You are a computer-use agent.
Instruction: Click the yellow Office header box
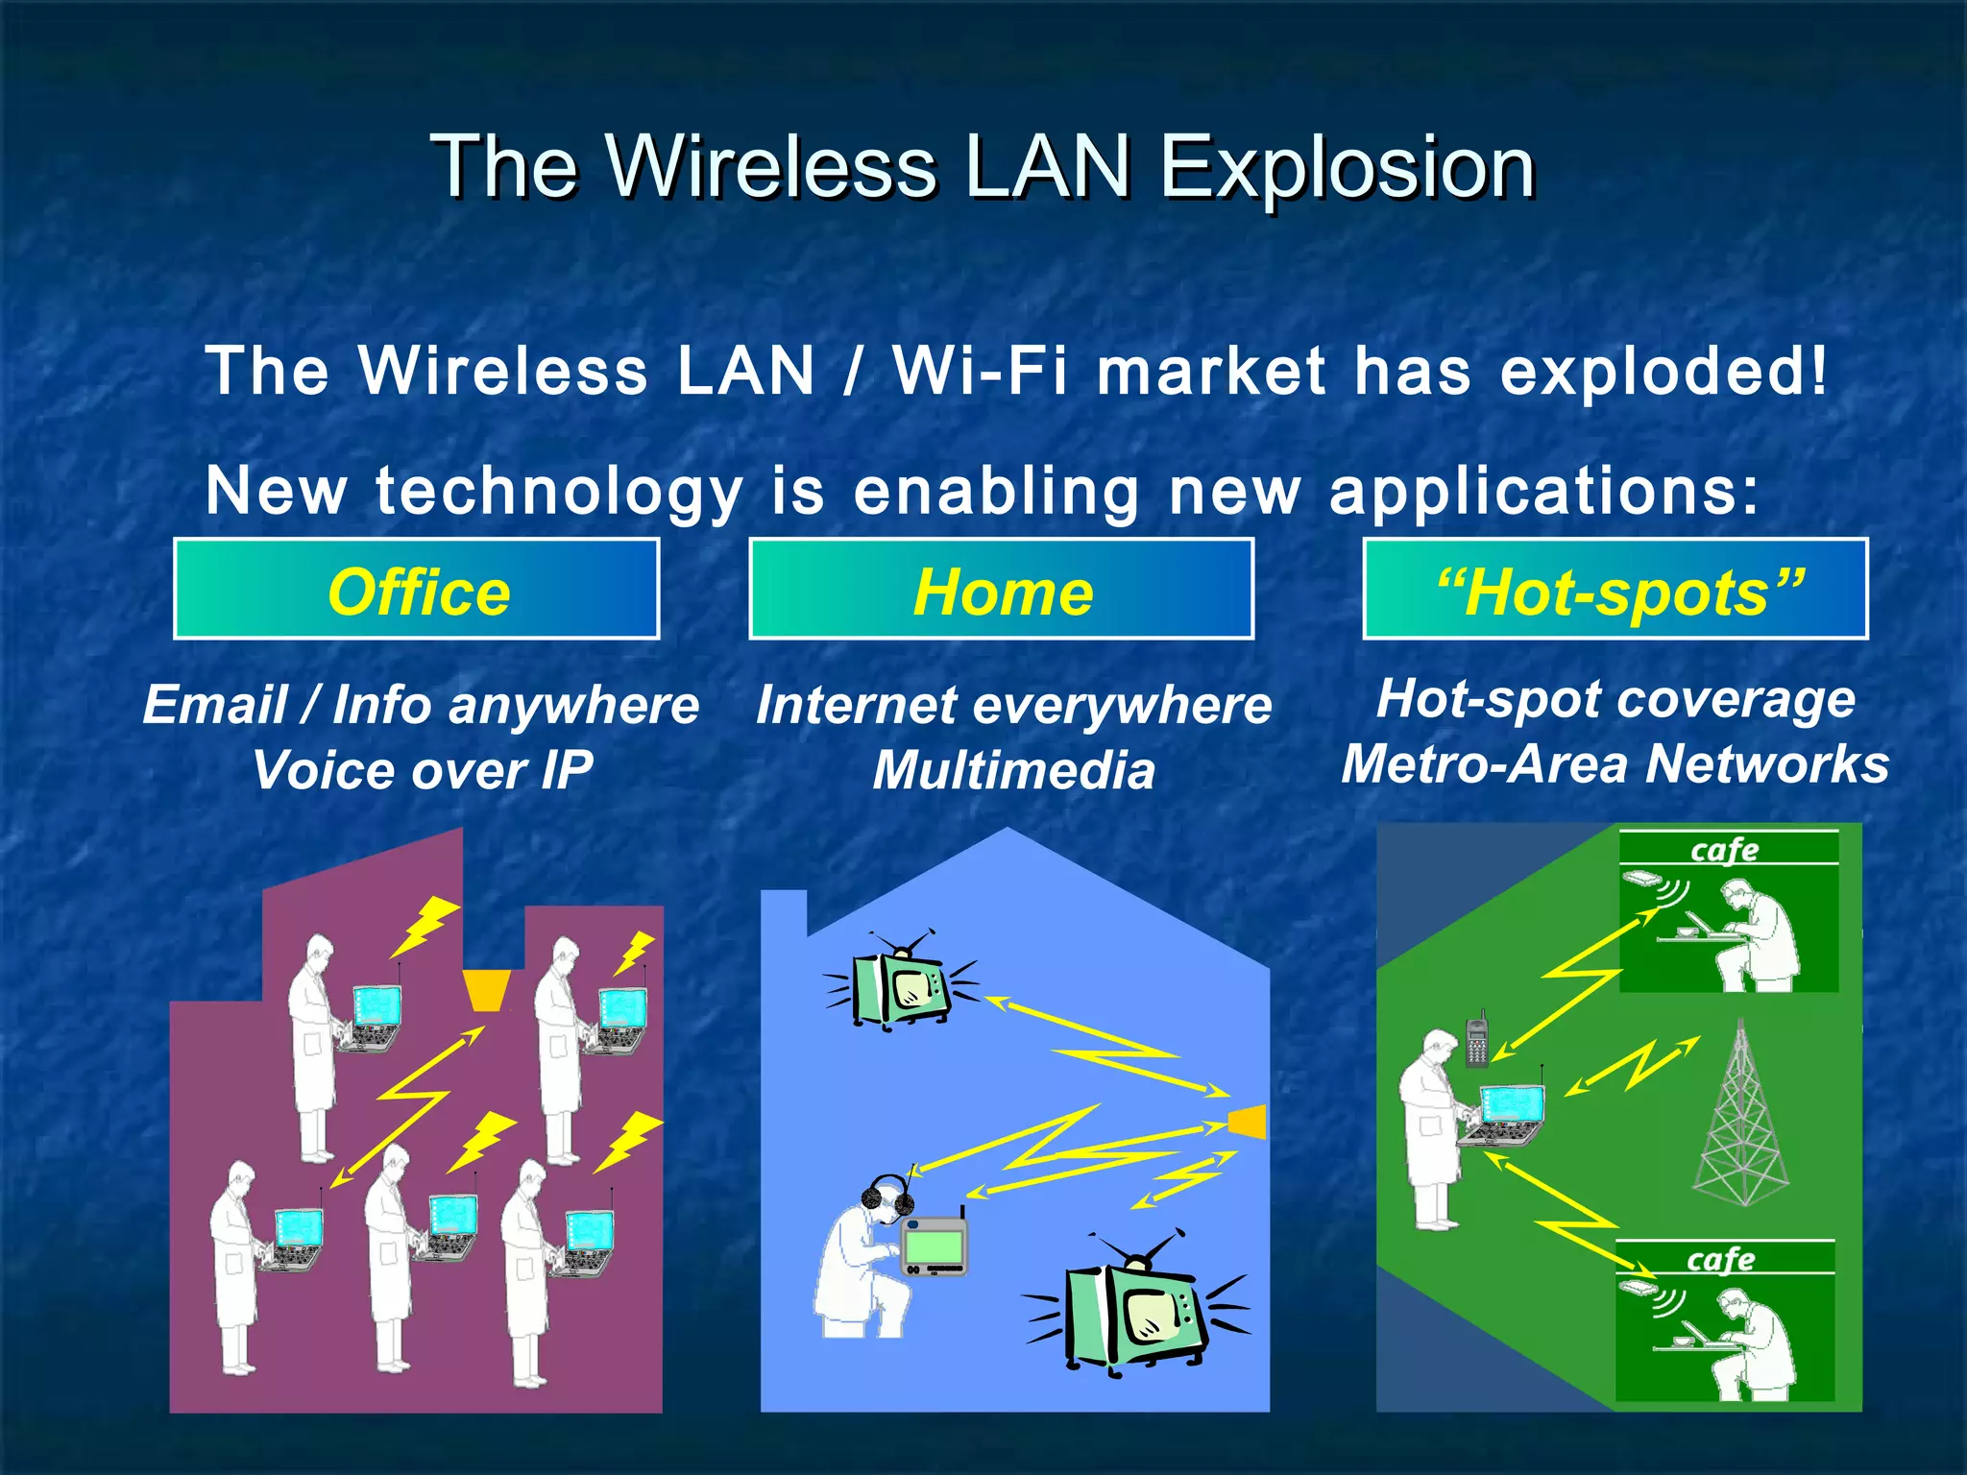(x=416, y=590)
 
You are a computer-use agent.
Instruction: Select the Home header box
(x=1001, y=590)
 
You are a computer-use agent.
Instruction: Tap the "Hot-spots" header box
(x=1615, y=590)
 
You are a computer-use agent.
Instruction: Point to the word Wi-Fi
(x=980, y=372)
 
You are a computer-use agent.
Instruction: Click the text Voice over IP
(x=422, y=770)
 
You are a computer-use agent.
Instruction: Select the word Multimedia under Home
(x=1013, y=770)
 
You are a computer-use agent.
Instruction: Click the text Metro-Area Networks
(x=1615, y=764)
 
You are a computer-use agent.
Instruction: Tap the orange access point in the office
(x=486, y=990)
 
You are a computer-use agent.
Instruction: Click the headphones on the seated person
(x=886, y=1197)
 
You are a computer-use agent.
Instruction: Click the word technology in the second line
(x=560, y=491)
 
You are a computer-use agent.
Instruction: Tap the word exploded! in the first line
(x=1663, y=372)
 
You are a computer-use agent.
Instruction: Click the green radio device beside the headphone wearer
(x=935, y=1246)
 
